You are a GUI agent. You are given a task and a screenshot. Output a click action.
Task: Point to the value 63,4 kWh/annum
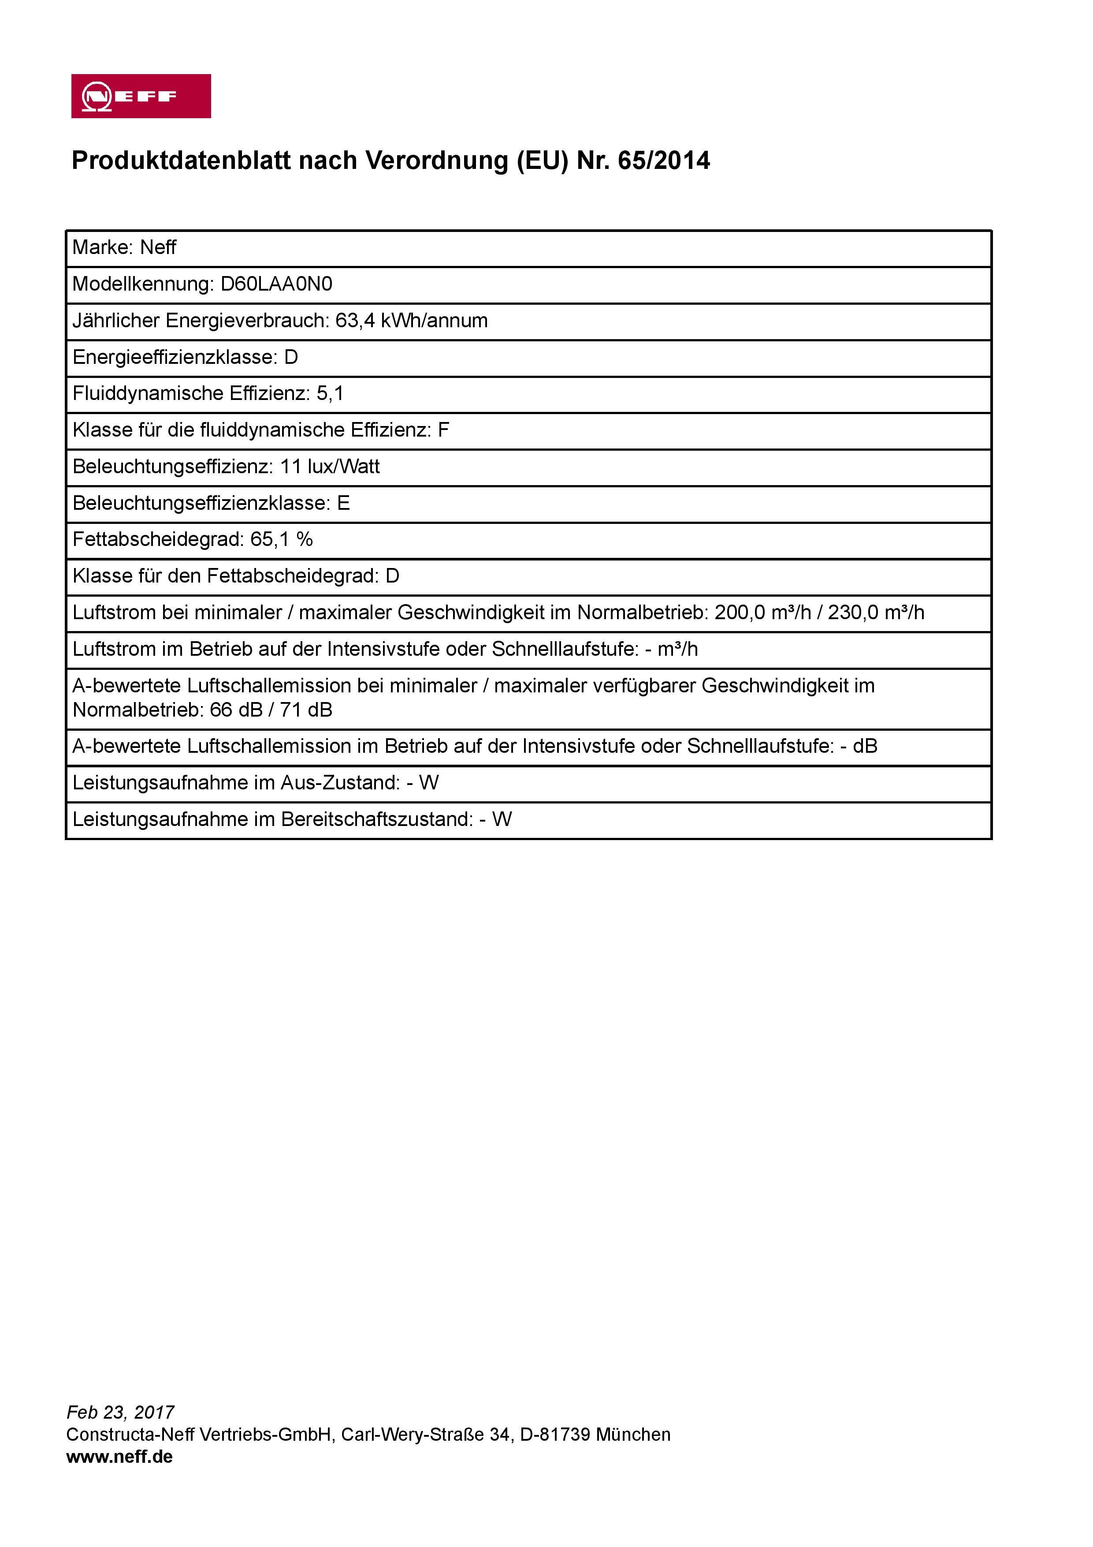[412, 321]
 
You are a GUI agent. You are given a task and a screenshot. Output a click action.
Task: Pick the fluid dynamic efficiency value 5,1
[330, 393]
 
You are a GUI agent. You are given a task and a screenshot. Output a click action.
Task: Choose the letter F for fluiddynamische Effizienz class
[443, 430]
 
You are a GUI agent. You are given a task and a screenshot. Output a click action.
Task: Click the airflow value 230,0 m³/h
[875, 613]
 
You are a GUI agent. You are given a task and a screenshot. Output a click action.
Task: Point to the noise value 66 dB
[236, 710]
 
